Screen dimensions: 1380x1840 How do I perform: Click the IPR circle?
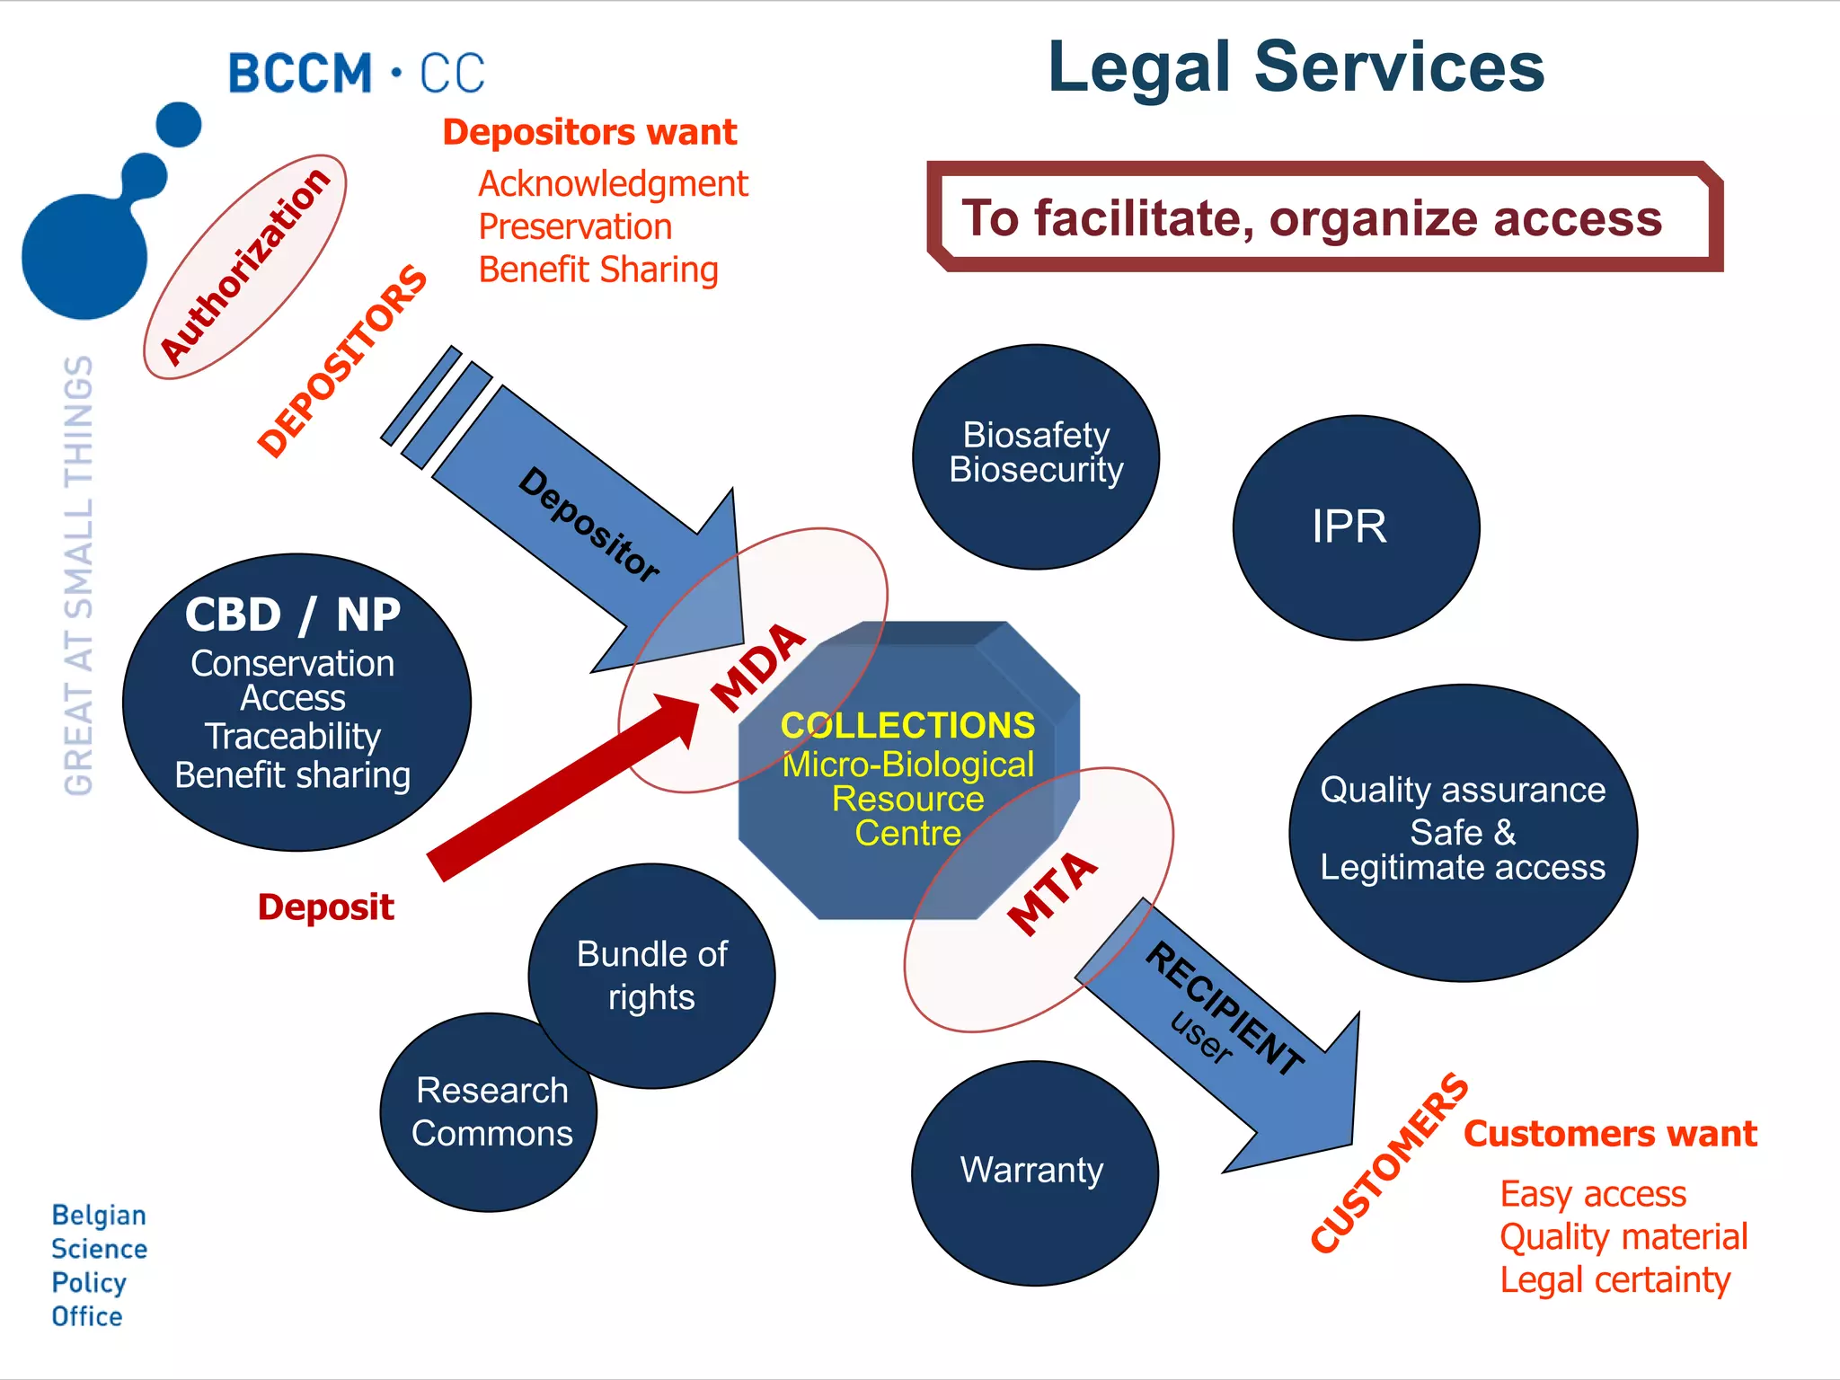tap(1355, 527)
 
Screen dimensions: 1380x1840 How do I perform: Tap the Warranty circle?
tap(1034, 1172)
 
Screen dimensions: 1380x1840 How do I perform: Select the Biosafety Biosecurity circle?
tap(1035, 456)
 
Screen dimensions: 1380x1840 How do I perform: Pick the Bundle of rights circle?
tap(651, 975)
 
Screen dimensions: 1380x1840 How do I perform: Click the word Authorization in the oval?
tap(244, 267)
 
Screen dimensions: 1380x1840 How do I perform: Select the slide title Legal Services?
tap(1295, 67)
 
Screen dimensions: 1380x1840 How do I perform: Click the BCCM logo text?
tap(355, 74)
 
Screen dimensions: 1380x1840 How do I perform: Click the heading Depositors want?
tap(589, 133)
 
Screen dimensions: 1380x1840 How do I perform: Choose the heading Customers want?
tap(1609, 1134)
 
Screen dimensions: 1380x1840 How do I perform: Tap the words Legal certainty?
tap(1614, 1280)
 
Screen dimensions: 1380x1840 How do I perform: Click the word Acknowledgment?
tap(613, 184)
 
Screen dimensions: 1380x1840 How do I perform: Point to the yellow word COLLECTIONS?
tap(907, 725)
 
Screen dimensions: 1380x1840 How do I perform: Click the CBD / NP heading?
tap(293, 615)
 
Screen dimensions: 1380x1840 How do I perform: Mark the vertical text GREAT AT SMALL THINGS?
tap(79, 575)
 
